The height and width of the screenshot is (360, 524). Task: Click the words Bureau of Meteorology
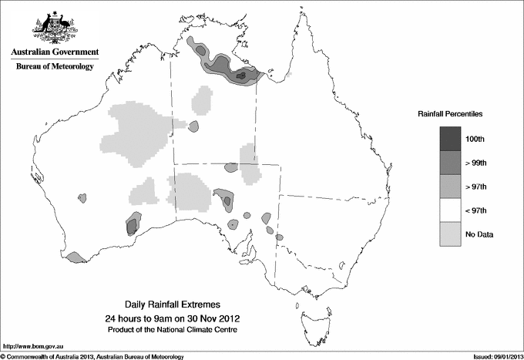[55, 67]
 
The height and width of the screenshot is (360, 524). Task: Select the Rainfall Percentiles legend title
[450, 113]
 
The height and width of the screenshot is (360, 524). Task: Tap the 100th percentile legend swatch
[451, 138]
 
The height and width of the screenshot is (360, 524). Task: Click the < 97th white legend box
[451, 210]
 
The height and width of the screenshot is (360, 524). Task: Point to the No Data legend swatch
[451, 234]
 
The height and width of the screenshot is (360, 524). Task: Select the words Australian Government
[55, 52]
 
